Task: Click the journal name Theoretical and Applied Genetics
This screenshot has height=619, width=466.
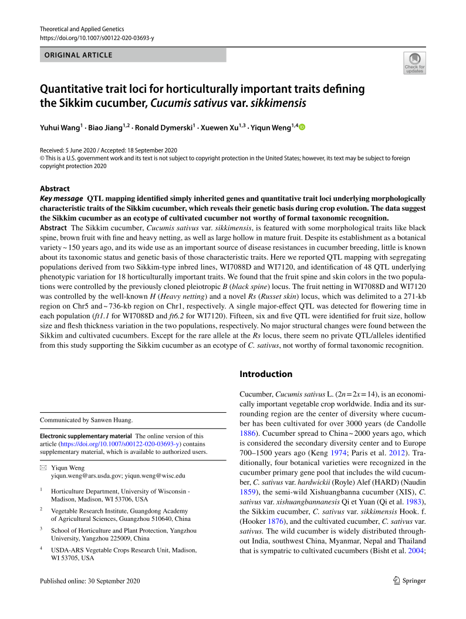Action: click(77, 29)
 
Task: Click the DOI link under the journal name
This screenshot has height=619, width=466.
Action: click(97, 38)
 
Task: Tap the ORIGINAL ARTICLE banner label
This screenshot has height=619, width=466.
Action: click(76, 55)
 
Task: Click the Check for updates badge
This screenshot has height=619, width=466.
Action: click(414, 63)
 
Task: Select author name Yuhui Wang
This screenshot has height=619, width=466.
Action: click(60, 127)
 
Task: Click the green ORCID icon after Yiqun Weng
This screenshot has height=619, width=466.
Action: click(302, 127)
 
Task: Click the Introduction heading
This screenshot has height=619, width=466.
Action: click(266, 374)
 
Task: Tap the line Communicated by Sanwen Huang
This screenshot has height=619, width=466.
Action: click(86, 420)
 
